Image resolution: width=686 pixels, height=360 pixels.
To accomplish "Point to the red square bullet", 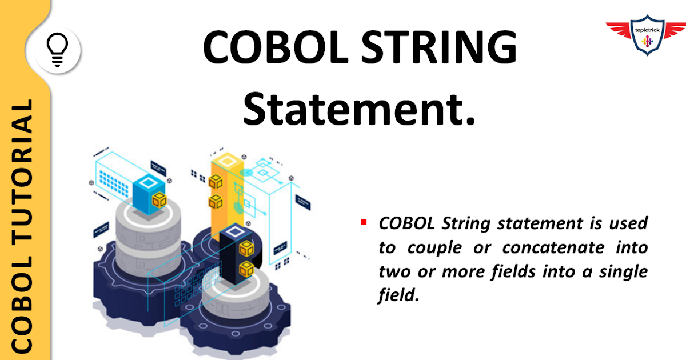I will [363, 221].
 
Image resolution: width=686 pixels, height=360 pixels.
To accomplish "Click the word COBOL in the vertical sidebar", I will [22, 314].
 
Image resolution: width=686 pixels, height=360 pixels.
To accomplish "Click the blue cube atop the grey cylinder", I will [150, 193].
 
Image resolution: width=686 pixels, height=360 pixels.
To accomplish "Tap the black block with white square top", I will [239, 251].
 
